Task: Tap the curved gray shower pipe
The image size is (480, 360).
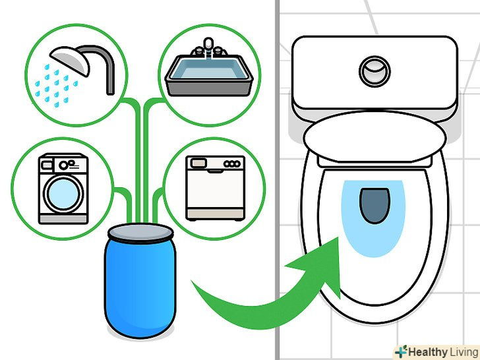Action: click(x=105, y=61)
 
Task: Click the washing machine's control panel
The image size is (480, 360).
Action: click(x=63, y=165)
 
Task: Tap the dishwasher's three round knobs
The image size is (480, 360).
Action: click(x=232, y=164)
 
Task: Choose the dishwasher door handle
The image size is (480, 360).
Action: click(x=215, y=171)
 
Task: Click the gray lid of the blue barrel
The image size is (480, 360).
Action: click(x=140, y=233)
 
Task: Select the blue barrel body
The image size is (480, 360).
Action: click(x=140, y=287)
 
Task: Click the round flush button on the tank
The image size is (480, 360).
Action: click(x=375, y=71)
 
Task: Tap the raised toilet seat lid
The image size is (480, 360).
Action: click(x=375, y=137)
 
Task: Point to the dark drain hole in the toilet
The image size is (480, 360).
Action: click(x=375, y=206)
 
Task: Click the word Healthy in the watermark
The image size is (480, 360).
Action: click(x=428, y=352)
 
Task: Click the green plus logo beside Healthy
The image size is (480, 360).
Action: click(x=402, y=351)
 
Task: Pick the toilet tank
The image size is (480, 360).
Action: click(x=375, y=73)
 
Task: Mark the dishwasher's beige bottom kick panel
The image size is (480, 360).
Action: click(x=215, y=214)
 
